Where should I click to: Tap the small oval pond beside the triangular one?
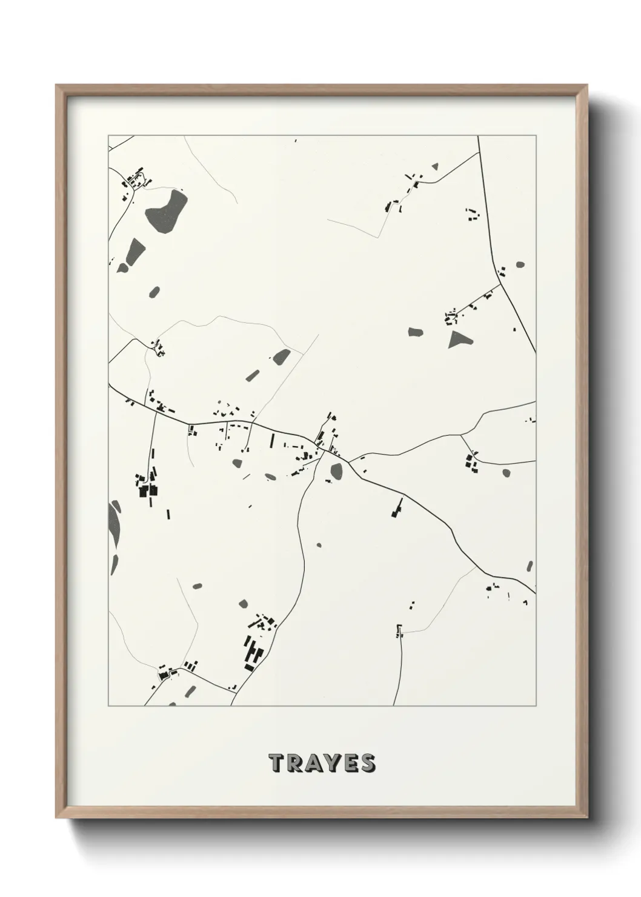tap(415, 332)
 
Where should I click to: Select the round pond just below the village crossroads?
tap(336, 470)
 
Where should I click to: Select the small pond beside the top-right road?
tap(520, 265)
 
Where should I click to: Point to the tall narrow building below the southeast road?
tap(399, 507)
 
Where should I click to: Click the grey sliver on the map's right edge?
tap(530, 566)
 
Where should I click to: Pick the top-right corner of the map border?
tap(535, 135)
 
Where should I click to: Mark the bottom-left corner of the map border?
tap(108, 706)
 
